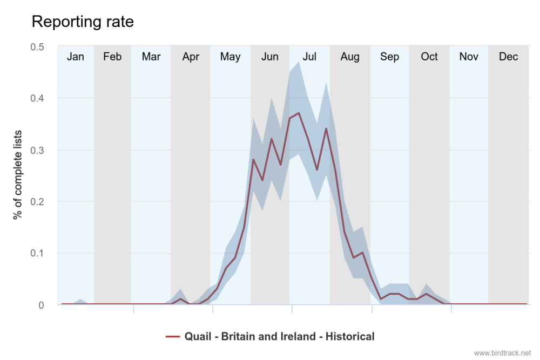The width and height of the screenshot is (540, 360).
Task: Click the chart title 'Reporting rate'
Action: click(x=83, y=22)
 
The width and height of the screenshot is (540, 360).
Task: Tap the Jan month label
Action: click(x=75, y=57)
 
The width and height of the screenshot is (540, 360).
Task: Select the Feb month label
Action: click(x=112, y=57)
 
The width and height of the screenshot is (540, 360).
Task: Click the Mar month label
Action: click(x=151, y=57)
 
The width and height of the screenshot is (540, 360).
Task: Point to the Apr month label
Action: click(x=191, y=57)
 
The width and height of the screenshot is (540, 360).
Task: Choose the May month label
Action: click(x=230, y=57)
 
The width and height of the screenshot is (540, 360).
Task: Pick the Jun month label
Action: click(x=269, y=57)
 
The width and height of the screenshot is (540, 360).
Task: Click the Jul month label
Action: click(x=309, y=57)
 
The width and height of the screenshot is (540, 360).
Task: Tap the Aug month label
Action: click(x=350, y=57)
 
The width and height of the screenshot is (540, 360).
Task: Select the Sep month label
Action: click(x=389, y=57)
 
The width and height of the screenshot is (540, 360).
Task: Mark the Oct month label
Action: click(x=429, y=57)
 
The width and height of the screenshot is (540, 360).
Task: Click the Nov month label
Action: click(x=469, y=57)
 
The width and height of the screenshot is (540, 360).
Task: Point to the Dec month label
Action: click(x=509, y=57)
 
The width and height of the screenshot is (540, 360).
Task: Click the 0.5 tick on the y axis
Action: click(x=37, y=46)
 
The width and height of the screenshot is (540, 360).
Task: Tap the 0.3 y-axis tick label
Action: click(x=37, y=150)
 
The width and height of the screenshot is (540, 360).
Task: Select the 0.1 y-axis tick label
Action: click(x=37, y=253)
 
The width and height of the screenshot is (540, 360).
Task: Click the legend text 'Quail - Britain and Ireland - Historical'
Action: click(x=279, y=336)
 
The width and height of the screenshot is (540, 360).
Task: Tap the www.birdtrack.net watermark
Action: click(x=502, y=353)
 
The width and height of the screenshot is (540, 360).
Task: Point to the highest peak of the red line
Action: click(x=299, y=113)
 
